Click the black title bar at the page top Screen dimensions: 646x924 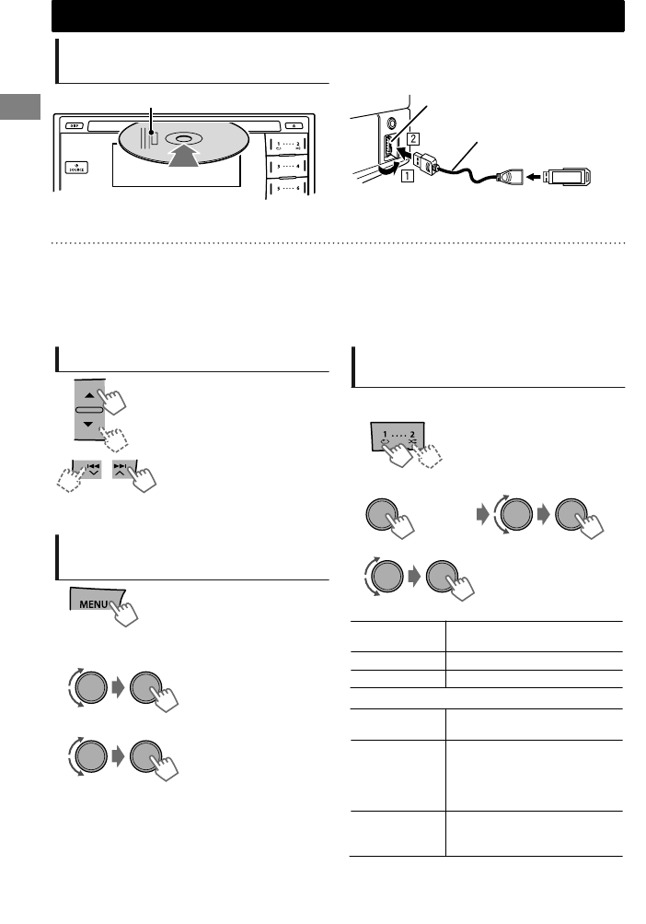[338, 16]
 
